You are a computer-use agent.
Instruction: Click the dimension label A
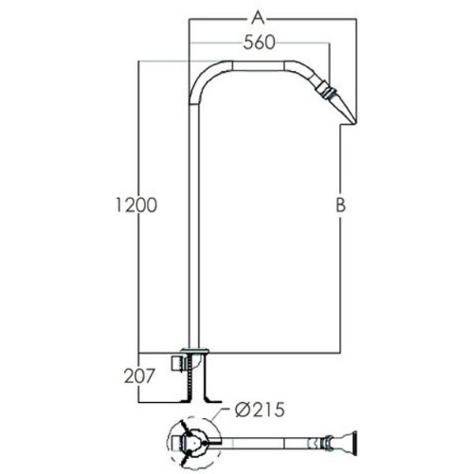pyautogui.click(x=258, y=17)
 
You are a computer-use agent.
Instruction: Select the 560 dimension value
pyautogui.click(x=259, y=43)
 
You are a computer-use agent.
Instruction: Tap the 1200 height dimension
pyautogui.click(x=137, y=205)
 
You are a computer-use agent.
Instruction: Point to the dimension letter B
pyautogui.click(x=340, y=205)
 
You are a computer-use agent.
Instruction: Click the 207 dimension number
pyautogui.click(x=139, y=376)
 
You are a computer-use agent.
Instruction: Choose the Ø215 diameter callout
pyautogui.click(x=260, y=410)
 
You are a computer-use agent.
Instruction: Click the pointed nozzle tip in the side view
pyautogui.click(x=355, y=122)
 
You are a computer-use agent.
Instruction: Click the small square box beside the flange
pyautogui.click(x=176, y=363)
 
